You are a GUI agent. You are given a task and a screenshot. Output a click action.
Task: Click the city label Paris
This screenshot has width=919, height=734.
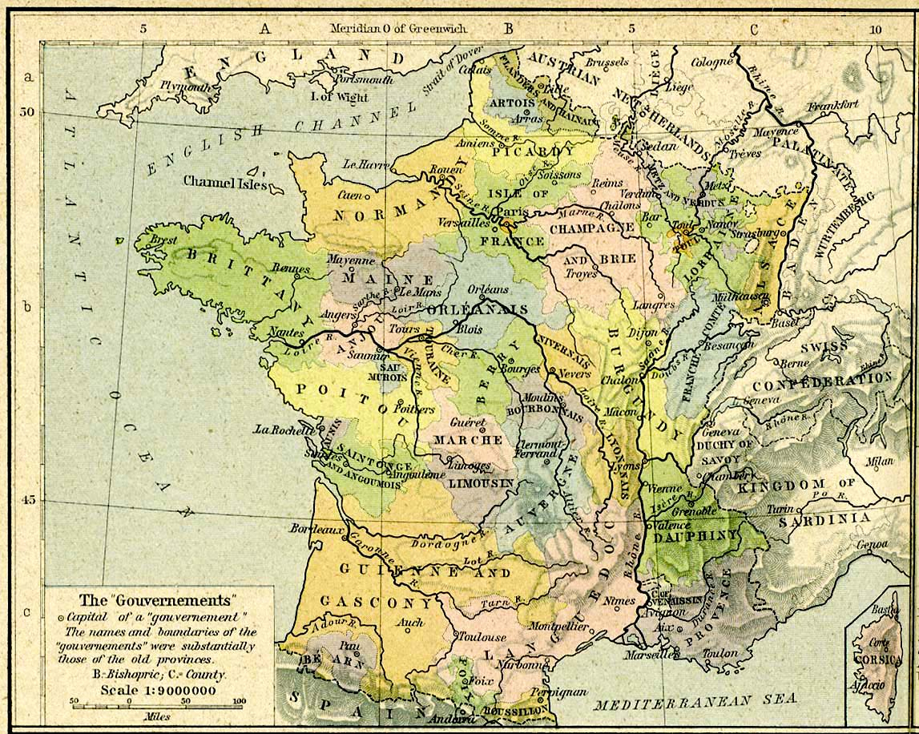pyautogui.click(x=512, y=211)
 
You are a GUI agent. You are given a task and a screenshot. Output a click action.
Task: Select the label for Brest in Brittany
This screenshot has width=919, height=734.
pyautogui.click(x=166, y=239)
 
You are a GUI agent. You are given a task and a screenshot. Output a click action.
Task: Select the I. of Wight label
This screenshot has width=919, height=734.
pyautogui.click(x=339, y=97)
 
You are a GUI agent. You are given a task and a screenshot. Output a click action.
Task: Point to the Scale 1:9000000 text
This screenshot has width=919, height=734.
pyautogui.click(x=158, y=690)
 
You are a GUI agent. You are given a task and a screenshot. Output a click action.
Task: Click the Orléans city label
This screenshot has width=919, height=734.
pyautogui.click(x=488, y=289)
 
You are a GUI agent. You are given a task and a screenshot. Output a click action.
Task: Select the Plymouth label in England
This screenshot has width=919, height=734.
pyautogui.click(x=185, y=87)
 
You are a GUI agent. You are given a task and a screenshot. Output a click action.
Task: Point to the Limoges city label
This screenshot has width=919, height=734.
pyautogui.click(x=470, y=466)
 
